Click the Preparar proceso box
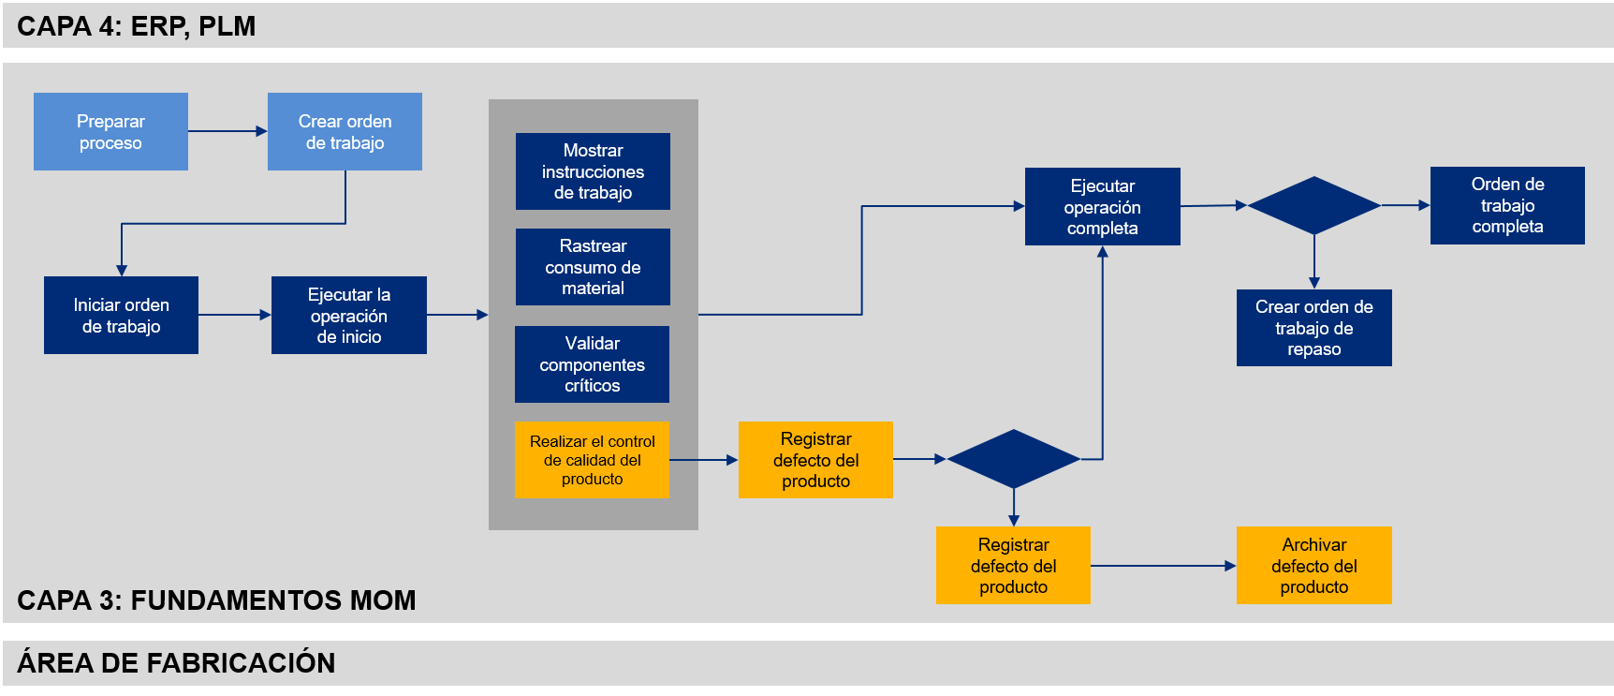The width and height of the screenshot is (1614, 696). (110, 131)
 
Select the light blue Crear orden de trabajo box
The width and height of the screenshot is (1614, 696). (345, 131)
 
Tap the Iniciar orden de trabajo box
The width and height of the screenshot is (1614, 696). (121, 315)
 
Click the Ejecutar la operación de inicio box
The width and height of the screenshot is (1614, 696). (348, 315)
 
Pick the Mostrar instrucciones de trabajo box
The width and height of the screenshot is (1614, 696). (593, 171)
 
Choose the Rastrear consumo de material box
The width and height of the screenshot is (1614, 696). (593, 267)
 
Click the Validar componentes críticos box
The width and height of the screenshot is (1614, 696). (592, 364)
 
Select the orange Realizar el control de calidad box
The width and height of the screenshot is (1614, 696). (592, 460)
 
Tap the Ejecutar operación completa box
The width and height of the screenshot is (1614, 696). (1102, 207)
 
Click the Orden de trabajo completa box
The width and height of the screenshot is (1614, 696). (1507, 205)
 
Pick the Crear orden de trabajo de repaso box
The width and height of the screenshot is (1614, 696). (1313, 328)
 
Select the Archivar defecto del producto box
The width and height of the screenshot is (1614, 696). (1313, 566)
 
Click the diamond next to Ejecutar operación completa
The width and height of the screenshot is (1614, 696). (1313, 205)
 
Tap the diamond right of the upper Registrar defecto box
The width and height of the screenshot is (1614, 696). (1013, 459)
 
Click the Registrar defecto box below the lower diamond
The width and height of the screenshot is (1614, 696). (1013, 566)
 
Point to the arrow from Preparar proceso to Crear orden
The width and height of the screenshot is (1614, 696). (227, 131)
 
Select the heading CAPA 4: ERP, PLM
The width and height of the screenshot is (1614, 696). (136, 26)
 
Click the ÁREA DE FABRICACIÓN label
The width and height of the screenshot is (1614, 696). (176, 663)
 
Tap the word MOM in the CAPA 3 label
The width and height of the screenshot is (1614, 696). (382, 600)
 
